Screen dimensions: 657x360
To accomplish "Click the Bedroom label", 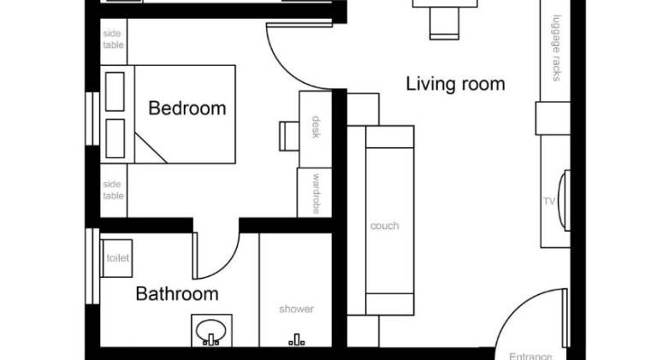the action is tap(187, 108).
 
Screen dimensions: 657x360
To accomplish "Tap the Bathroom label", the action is tap(177, 294).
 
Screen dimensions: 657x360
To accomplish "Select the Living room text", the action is tap(455, 84).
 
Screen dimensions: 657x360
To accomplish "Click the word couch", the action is tap(385, 226).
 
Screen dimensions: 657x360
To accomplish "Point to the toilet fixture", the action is tap(116, 258).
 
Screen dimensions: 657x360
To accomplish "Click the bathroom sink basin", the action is tap(210, 329).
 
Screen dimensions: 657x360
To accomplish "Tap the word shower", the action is tap(296, 309).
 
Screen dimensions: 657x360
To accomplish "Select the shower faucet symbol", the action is tap(297, 339).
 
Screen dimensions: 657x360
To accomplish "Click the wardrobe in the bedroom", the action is tap(314, 192).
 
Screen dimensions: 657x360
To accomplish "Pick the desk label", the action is tap(316, 127).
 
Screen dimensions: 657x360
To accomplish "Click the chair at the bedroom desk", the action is tap(289, 136).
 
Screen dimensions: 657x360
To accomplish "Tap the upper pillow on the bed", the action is tap(115, 91).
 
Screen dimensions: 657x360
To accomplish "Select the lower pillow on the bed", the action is tap(115, 139).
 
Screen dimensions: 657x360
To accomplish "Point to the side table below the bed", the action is tap(114, 191).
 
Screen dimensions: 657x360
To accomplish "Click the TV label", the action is tap(549, 202).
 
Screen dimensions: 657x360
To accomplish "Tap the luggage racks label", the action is tap(556, 48).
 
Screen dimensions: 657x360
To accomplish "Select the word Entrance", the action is tap(530, 357).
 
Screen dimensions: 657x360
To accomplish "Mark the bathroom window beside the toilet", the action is tap(92, 266).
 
